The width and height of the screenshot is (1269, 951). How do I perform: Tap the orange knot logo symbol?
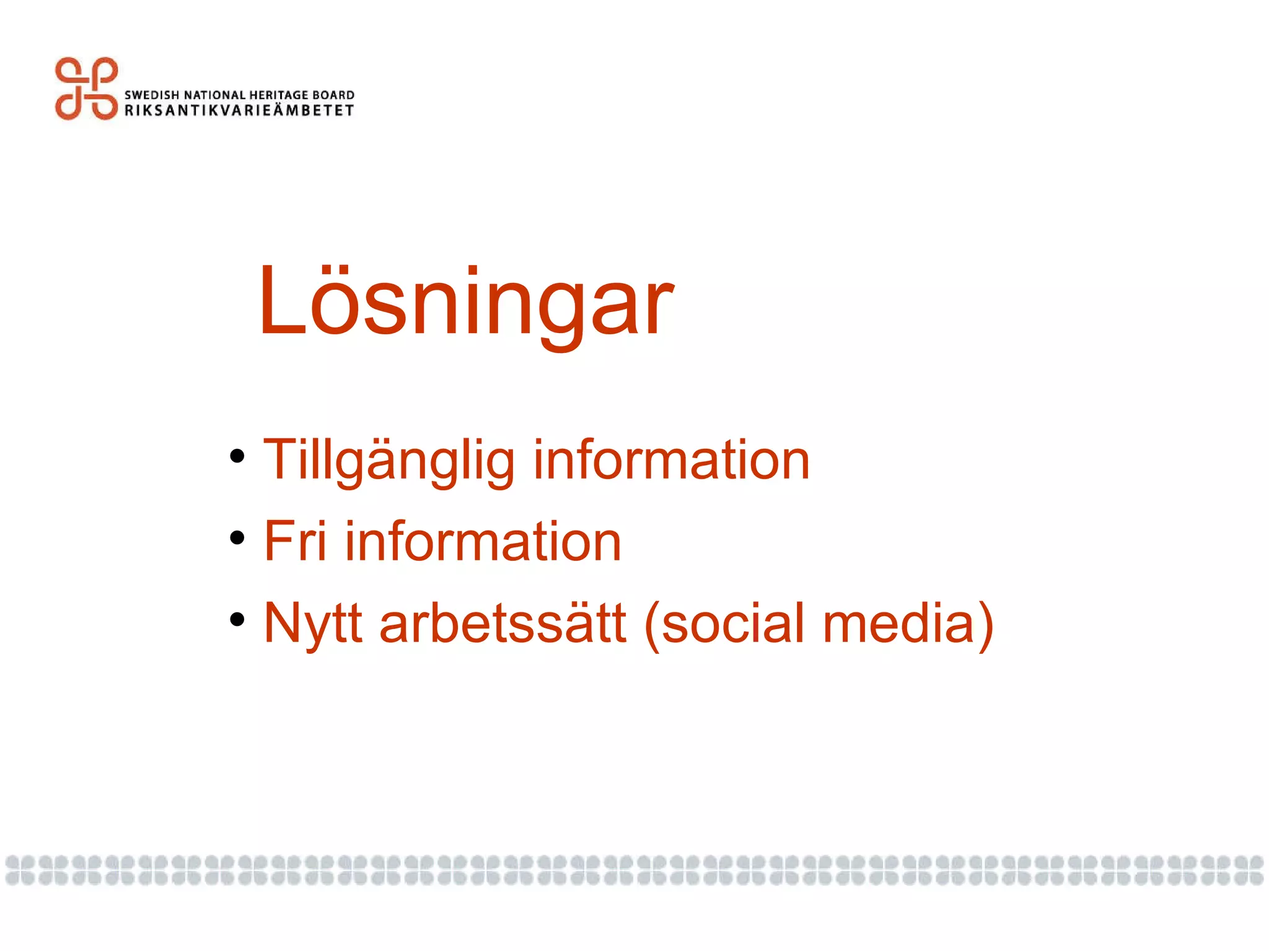pos(86,89)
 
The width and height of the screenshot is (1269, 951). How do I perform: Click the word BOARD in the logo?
pos(333,95)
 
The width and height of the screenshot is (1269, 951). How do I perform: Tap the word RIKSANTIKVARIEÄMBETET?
pos(239,111)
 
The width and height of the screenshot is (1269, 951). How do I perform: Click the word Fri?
pos(295,542)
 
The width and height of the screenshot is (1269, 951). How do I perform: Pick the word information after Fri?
pos(483,542)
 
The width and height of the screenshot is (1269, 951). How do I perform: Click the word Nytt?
pos(313,623)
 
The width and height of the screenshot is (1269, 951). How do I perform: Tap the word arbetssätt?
pos(503,623)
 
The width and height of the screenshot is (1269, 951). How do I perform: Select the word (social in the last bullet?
pos(724,623)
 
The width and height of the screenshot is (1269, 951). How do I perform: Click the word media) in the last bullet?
pos(908,623)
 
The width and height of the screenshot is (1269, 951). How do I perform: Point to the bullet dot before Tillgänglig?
pos(237,457)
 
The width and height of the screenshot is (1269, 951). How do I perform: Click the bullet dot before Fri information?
pos(237,538)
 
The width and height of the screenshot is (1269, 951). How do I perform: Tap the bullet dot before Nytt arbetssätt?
pos(237,619)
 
